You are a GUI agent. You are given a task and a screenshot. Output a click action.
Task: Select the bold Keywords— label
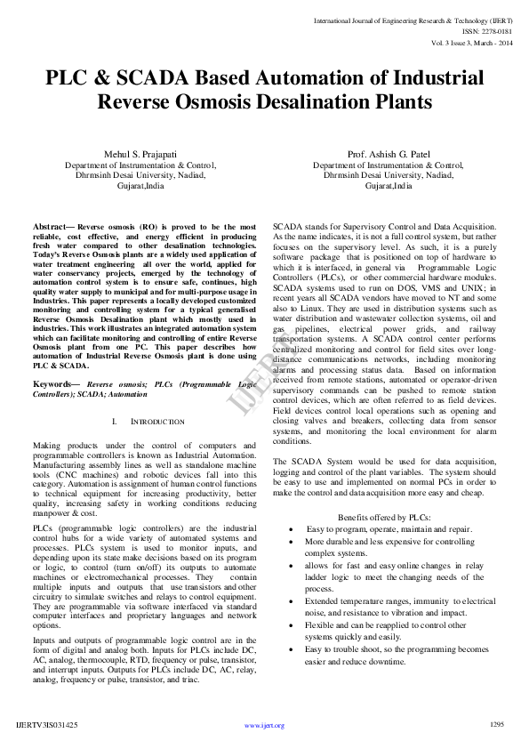[57, 383]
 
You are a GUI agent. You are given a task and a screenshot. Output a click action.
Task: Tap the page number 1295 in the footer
[497, 725]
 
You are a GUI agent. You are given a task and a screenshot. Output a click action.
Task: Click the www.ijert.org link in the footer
[264, 726]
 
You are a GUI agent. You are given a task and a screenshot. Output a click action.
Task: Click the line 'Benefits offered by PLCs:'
[384, 517]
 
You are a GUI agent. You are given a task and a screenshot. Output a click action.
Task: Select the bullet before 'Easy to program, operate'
[293, 529]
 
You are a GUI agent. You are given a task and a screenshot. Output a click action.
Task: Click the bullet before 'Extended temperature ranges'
[293, 601]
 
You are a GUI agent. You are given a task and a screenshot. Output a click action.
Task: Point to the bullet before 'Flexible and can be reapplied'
[293, 625]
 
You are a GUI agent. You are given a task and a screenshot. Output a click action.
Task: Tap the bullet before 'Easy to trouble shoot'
[293, 649]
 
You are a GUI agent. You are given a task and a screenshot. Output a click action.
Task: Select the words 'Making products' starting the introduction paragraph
[60, 445]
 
